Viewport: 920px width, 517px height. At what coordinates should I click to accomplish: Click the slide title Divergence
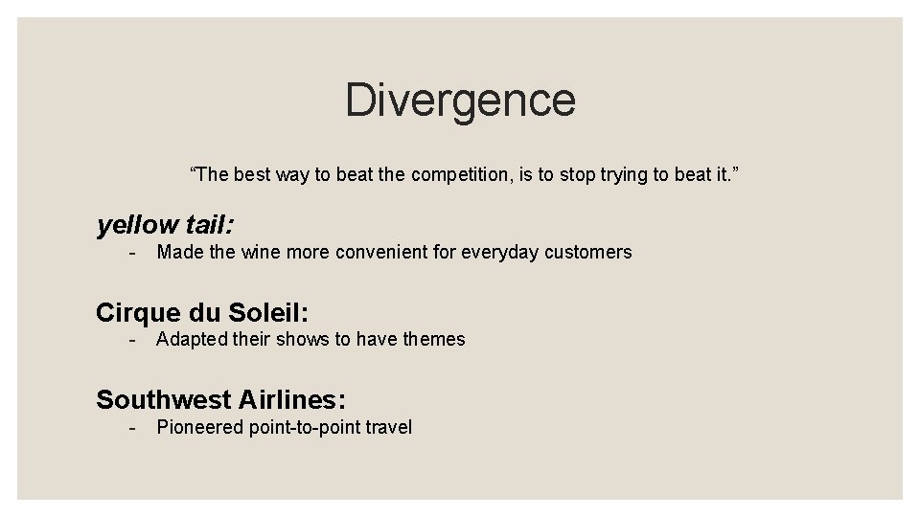[x=460, y=100]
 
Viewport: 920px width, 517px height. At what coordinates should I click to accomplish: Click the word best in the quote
[x=252, y=175]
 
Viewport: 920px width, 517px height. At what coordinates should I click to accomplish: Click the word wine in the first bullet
[x=260, y=253]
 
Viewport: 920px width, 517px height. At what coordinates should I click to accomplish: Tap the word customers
[x=587, y=253]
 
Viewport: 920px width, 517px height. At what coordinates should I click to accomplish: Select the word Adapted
[x=192, y=340]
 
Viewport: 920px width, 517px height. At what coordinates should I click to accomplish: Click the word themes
[x=434, y=340]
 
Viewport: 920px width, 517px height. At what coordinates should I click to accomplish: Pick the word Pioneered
[x=200, y=428]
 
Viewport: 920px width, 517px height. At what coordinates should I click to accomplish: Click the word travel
[x=388, y=428]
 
